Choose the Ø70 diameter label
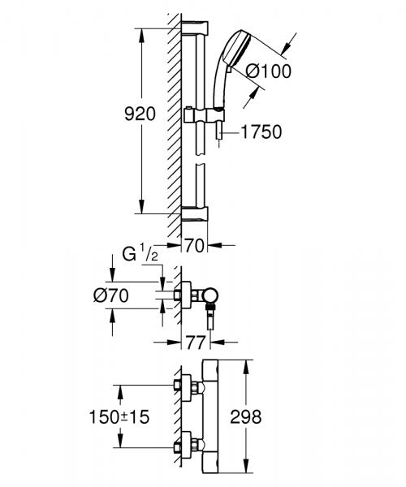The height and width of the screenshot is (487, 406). point(113,296)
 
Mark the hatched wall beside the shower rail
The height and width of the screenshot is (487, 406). point(172,122)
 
